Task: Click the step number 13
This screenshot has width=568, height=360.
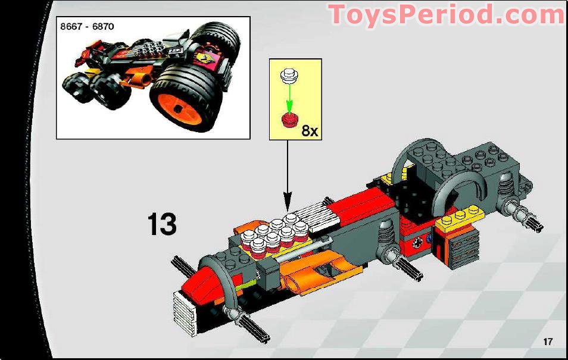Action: point(162,224)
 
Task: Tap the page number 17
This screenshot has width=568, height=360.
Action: point(548,341)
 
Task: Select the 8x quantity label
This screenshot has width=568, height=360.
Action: point(310,130)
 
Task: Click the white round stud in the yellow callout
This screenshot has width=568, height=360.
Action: point(289,76)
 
